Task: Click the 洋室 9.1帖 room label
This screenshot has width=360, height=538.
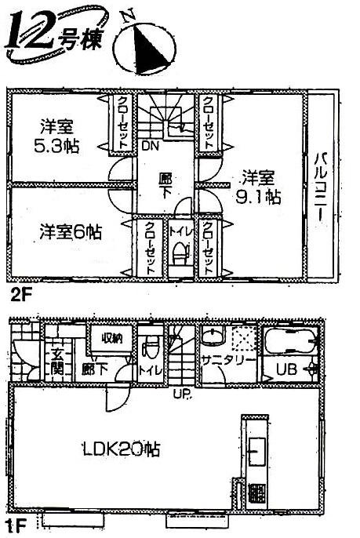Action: [260, 186]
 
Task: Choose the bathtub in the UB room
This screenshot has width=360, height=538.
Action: [289, 343]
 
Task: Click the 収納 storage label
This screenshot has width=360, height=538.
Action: [110, 339]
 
